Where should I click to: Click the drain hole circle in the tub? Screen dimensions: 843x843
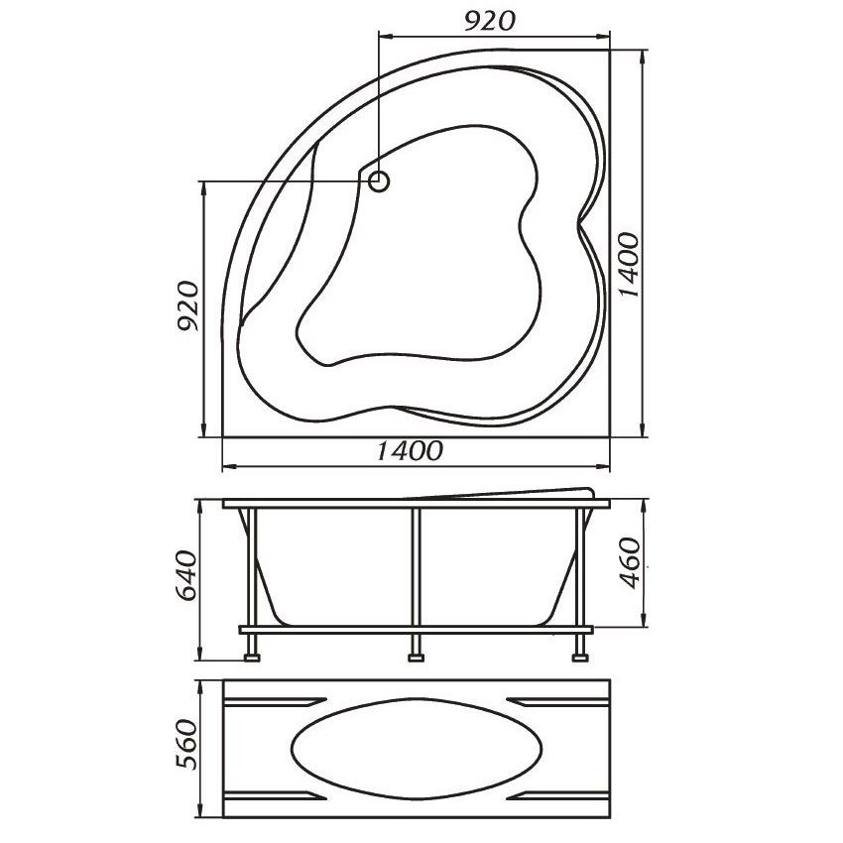tap(380, 181)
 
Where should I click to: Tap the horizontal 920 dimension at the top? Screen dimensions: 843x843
tap(489, 21)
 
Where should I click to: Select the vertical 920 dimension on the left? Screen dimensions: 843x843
tap(188, 305)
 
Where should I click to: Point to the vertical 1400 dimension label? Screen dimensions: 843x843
tap(629, 265)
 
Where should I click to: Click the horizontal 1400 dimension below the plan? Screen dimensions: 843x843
tap(410, 450)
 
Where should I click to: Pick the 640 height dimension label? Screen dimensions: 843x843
tap(188, 576)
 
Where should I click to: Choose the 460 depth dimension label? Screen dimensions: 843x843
tap(629, 563)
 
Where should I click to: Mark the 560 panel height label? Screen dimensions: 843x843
tap(188, 744)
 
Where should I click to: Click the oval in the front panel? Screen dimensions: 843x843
tap(417, 749)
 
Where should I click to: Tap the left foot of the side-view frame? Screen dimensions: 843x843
tap(252, 657)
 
